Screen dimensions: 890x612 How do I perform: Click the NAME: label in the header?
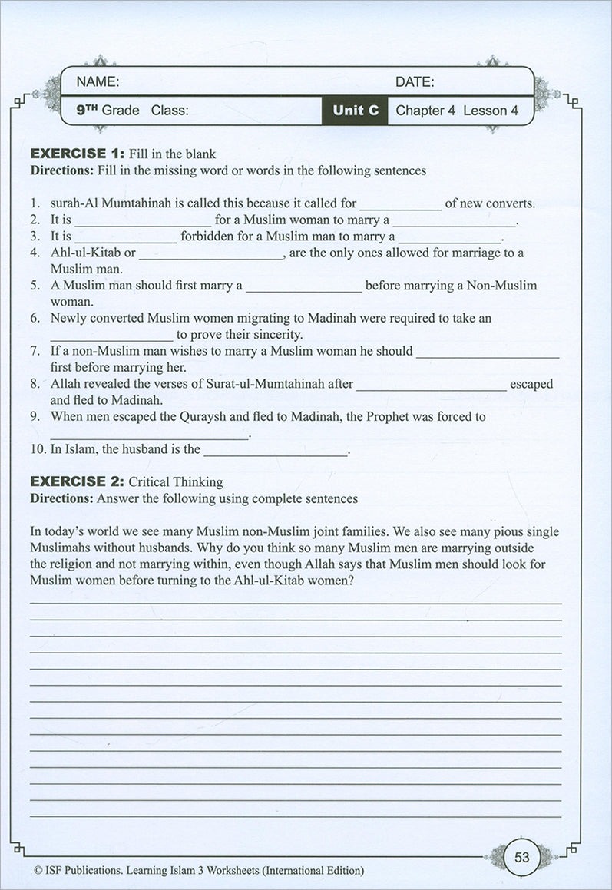97,81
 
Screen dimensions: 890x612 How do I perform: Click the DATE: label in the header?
415,81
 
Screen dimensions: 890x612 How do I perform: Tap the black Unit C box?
356,111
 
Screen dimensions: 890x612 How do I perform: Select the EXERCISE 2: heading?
76,482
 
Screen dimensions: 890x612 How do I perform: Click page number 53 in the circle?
521,851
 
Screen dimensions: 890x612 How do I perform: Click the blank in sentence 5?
304,286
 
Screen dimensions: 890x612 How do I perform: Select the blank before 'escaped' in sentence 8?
431,385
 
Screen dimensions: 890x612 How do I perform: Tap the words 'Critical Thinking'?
175,482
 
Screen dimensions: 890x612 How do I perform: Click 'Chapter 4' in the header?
425,111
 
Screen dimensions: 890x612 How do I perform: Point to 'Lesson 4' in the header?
492,111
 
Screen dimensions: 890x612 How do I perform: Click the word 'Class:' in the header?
170,111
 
